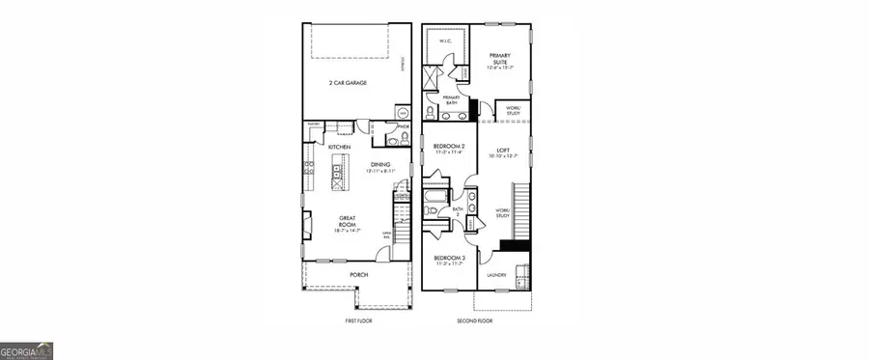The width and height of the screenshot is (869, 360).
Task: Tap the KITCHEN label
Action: tap(339, 147)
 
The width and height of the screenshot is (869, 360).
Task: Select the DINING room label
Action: tap(381, 164)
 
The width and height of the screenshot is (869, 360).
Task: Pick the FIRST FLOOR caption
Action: tap(357, 319)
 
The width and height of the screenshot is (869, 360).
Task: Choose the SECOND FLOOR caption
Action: tap(475, 319)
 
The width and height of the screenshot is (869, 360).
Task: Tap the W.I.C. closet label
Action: tap(446, 42)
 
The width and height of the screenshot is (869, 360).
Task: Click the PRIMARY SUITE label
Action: tap(499, 59)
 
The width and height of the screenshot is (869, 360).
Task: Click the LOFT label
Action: tap(502, 151)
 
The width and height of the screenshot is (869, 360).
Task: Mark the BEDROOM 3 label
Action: tap(449, 258)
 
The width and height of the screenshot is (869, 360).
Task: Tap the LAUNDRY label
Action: tap(497, 275)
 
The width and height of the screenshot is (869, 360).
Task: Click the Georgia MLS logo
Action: tap(26, 350)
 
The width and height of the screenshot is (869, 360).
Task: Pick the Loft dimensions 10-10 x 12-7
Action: tap(502, 157)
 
